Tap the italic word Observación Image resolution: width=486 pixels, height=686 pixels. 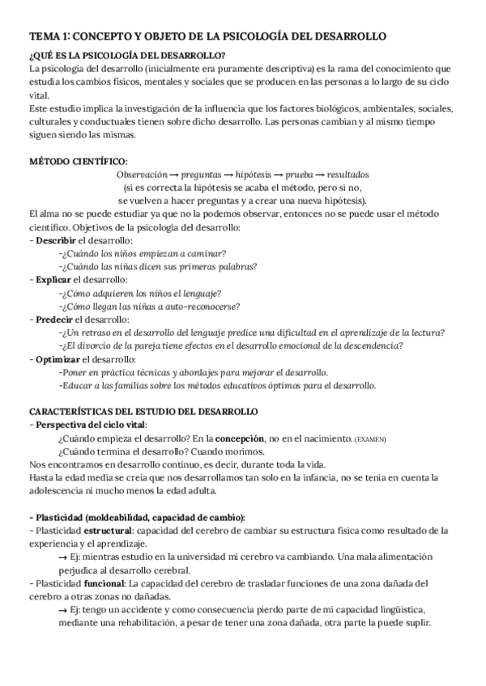pyautogui.click(x=141, y=174)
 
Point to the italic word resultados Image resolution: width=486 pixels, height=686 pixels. pyautogui.click(x=343, y=174)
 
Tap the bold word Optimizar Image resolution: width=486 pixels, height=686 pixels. pyautogui.click(x=58, y=359)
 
